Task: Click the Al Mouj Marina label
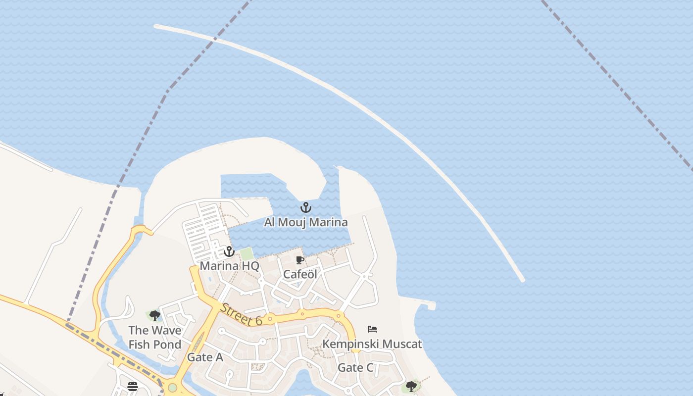click(305, 222)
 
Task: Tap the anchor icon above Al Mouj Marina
click(306, 207)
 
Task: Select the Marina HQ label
click(229, 266)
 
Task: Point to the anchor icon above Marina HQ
click(229, 251)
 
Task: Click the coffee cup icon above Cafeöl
click(299, 260)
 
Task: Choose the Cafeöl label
click(300, 274)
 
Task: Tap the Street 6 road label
click(241, 315)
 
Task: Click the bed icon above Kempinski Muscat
click(372, 329)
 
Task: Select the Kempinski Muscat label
click(372, 344)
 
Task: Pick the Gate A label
click(204, 357)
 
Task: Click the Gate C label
click(355, 367)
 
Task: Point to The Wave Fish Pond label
click(154, 337)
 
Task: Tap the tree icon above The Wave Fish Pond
click(154, 315)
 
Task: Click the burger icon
click(133, 386)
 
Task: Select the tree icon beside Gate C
click(411, 386)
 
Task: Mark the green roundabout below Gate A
click(172, 388)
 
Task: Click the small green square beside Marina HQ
click(247, 254)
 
